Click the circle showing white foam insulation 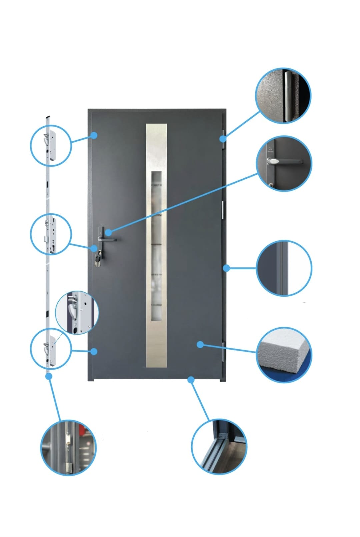click(284, 354)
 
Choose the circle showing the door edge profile click(284, 268)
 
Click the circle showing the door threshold click(219, 446)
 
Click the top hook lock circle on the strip click(51, 145)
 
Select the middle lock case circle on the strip click(51, 234)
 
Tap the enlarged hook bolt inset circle click(77, 312)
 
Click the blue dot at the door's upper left click(94, 135)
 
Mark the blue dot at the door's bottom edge click(191, 379)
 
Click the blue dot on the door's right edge click(226, 268)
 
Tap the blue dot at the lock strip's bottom click(49, 376)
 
